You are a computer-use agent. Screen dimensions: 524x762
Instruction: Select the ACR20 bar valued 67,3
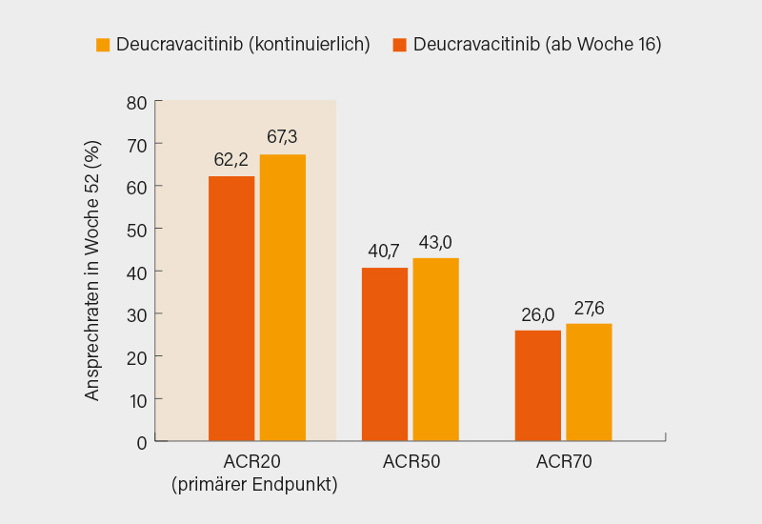pyautogui.click(x=283, y=297)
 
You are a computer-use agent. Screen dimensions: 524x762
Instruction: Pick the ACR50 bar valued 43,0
pyautogui.click(x=436, y=349)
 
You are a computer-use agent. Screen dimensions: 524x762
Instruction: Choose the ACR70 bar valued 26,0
pyautogui.click(x=538, y=385)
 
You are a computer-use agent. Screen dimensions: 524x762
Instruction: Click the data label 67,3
pyautogui.click(x=282, y=137)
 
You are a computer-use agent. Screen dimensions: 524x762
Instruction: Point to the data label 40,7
pyautogui.click(x=384, y=252)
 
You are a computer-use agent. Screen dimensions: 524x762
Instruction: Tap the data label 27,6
pyautogui.click(x=589, y=308)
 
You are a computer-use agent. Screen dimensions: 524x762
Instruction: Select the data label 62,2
pyautogui.click(x=231, y=159)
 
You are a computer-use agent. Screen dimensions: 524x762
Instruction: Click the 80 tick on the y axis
pyautogui.click(x=136, y=101)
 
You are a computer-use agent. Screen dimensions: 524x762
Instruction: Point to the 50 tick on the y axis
pyautogui.click(x=136, y=229)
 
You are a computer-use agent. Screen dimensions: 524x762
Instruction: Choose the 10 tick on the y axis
pyautogui.click(x=136, y=399)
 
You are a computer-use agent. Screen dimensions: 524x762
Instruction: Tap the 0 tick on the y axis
pyautogui.click(x=141, y=442)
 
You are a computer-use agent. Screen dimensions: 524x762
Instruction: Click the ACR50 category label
pyautogui.click(x=411, y=464)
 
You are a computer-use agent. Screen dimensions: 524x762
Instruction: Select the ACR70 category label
pyautogui.click(x=564, y=464)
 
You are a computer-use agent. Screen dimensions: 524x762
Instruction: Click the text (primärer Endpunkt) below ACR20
pyautogui.click(x=255, y=485)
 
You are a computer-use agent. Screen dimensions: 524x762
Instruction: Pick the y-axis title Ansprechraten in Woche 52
pyautogui.click(x=92, y=272)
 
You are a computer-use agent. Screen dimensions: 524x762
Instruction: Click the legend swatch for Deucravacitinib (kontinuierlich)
pyautogui.click(x=103, y=45)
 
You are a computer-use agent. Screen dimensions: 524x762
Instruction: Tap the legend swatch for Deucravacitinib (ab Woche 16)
pyautogui.click(x=400, y=45)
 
